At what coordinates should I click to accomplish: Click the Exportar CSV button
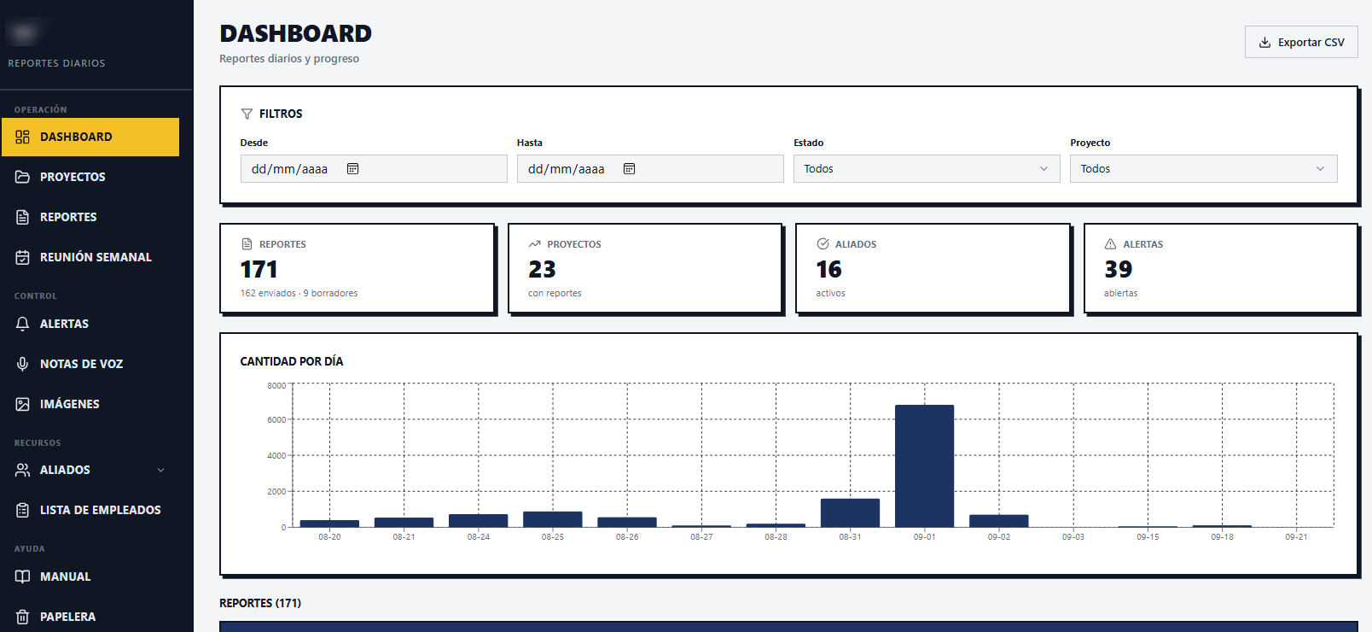1301,43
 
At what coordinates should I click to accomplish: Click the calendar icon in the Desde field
352,168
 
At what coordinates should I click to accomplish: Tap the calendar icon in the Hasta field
629,168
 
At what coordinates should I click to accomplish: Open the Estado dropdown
927,168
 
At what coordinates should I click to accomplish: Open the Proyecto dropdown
1204,168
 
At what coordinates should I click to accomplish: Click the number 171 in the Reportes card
259,269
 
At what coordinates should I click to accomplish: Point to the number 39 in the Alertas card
1119,269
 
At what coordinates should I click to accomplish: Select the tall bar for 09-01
924,465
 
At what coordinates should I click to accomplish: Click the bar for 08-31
850,513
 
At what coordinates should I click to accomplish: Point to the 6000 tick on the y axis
276,420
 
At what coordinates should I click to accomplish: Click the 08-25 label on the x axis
553,537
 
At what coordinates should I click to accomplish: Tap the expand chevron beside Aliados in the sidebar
161,471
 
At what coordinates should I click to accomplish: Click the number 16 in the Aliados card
828,269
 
